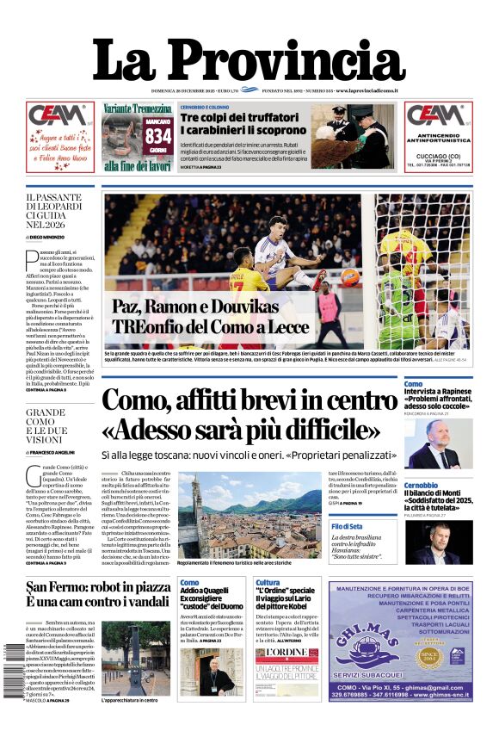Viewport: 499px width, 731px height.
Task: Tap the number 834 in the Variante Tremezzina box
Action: point(158,135)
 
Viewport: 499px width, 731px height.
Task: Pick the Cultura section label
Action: point(268,583)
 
